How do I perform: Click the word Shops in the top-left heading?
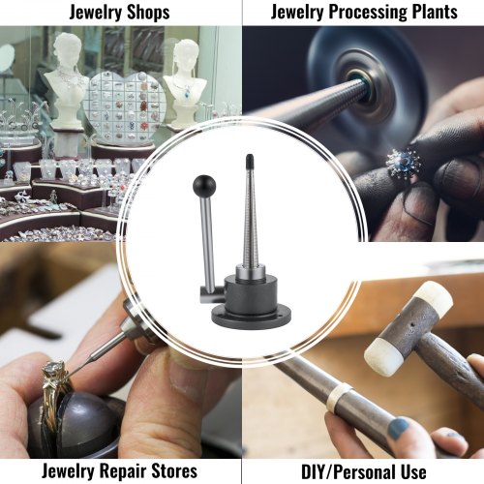[148, 13]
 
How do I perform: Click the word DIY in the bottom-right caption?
[313, 472]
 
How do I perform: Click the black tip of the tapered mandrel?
[250, 160]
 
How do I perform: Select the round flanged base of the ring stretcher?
[251, 318]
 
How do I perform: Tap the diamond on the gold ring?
[52, 369]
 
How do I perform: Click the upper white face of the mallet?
[434, 296]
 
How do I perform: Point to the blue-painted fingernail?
[399, 428]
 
